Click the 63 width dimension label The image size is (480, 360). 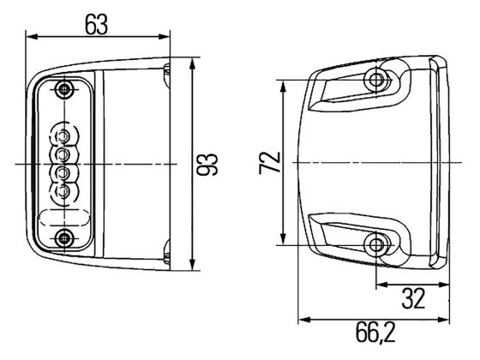(96, 23)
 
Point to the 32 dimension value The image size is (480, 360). (414, 299)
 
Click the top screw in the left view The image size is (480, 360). (64, 90)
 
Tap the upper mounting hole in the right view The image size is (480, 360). (375, 81)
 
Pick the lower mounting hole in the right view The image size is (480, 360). (375, 245)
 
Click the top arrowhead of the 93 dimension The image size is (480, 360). (193, 66)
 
